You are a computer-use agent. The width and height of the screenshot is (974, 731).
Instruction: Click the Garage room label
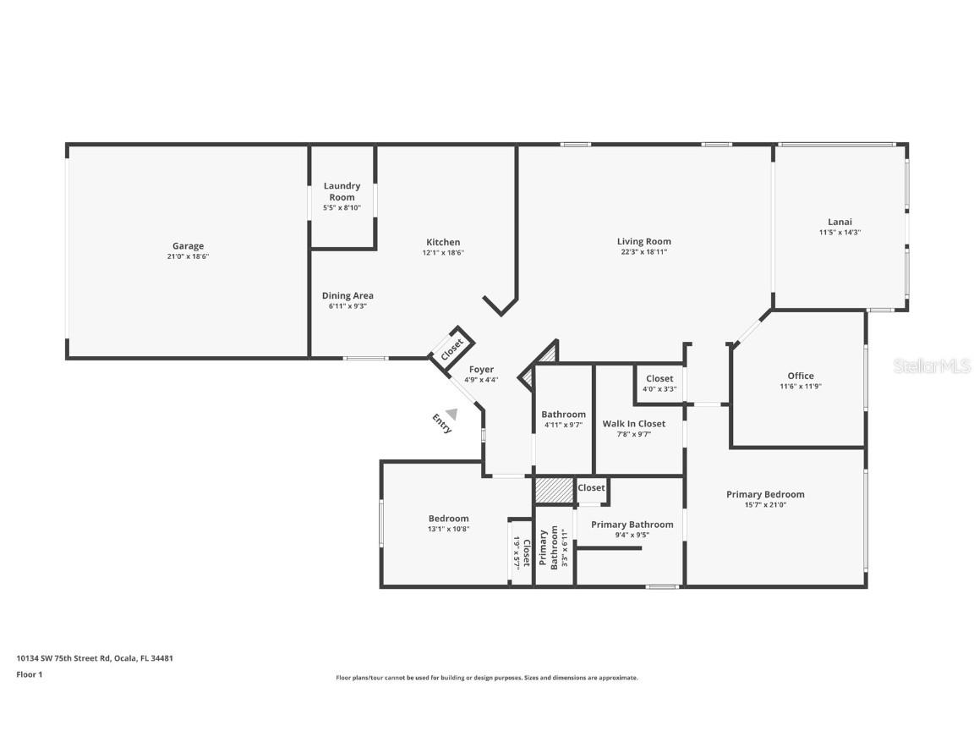(x=188, y=246)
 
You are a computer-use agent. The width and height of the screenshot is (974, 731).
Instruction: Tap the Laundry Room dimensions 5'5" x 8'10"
(x=342, y=207)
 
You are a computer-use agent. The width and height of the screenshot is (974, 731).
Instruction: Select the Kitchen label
(x=443, y=242)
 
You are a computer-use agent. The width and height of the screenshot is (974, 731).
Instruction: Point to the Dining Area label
(x=347, y=296)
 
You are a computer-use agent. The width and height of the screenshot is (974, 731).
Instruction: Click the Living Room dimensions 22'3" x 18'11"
(x=643, y=252)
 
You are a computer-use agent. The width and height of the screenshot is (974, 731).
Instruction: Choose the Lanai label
(x=840, y=223)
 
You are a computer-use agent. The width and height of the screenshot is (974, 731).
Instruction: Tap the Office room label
(x=800, y=376)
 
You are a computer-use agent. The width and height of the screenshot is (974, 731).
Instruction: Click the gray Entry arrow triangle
(x=451, y=414)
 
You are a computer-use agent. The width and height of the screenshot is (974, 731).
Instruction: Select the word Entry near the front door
(x=441, y=424)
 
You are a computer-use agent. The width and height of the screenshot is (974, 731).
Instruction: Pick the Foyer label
(x=481, y=370)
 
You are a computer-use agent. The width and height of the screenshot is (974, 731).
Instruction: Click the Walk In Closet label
(x=633, y=424)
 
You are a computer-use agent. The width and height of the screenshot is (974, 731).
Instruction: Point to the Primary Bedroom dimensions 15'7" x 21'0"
(x=765, y=505)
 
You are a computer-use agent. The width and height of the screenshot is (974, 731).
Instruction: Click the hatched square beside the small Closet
(x=554, y=490)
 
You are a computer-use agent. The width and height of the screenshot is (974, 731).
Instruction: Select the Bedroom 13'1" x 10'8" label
(x=448, y=519)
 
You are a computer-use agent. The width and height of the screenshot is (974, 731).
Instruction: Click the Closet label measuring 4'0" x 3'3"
(x=659, y=379)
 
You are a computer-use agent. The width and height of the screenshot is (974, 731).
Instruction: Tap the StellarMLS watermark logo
(x=932, y=365)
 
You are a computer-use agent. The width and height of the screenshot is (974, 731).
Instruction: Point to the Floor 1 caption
(x=29, y=674)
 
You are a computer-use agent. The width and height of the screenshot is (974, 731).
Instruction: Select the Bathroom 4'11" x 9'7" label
(x=564, y=415)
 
